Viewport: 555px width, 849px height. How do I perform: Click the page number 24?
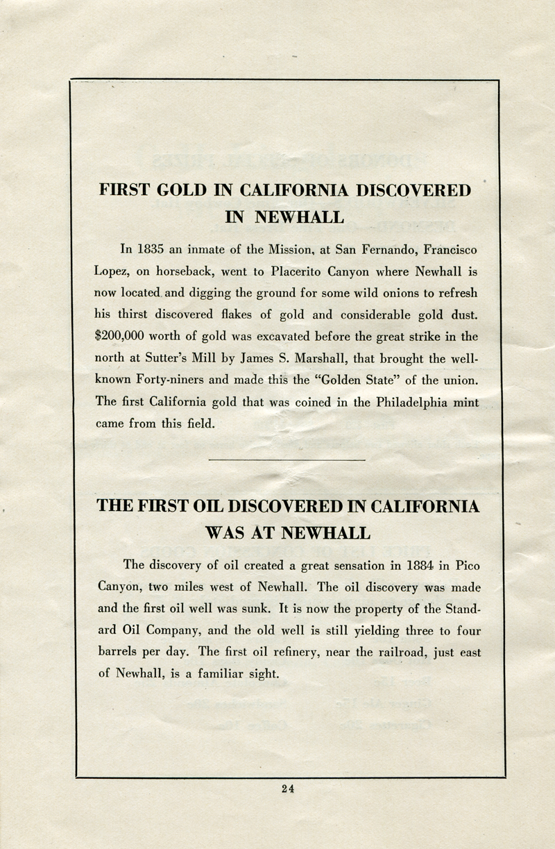(x=289, y=788)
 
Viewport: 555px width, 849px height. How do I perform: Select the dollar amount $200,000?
(x=121, y=337)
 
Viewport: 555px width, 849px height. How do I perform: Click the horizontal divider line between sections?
(x=286, y=460)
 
